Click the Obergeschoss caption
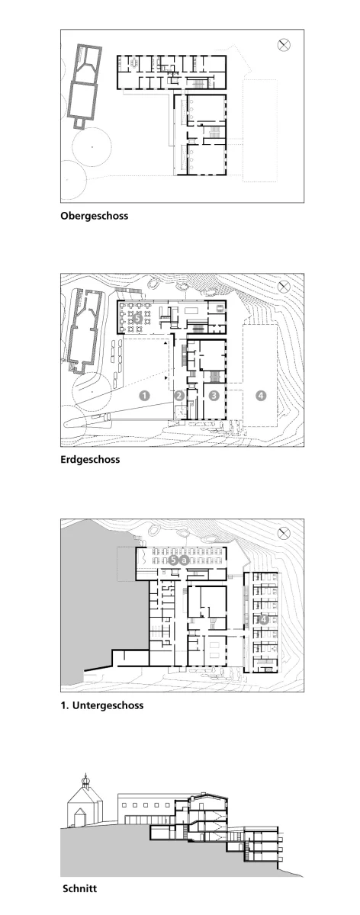pos(94,216)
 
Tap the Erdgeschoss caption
pos(90,459)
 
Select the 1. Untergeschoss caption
pos(101,705)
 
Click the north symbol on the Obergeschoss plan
pos(284,45)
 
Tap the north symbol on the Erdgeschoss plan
pos(284,287)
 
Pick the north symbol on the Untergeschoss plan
pos(284,533)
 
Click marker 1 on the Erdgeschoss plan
pos(145,396)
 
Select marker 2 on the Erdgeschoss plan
pos(179,396)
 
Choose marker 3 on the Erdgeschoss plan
pos(214,396)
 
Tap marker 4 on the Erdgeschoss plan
pos(261,396)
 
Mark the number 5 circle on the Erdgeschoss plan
pos(137,317)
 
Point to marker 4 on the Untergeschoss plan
pos(263,619)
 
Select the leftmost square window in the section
pos(124,805)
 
